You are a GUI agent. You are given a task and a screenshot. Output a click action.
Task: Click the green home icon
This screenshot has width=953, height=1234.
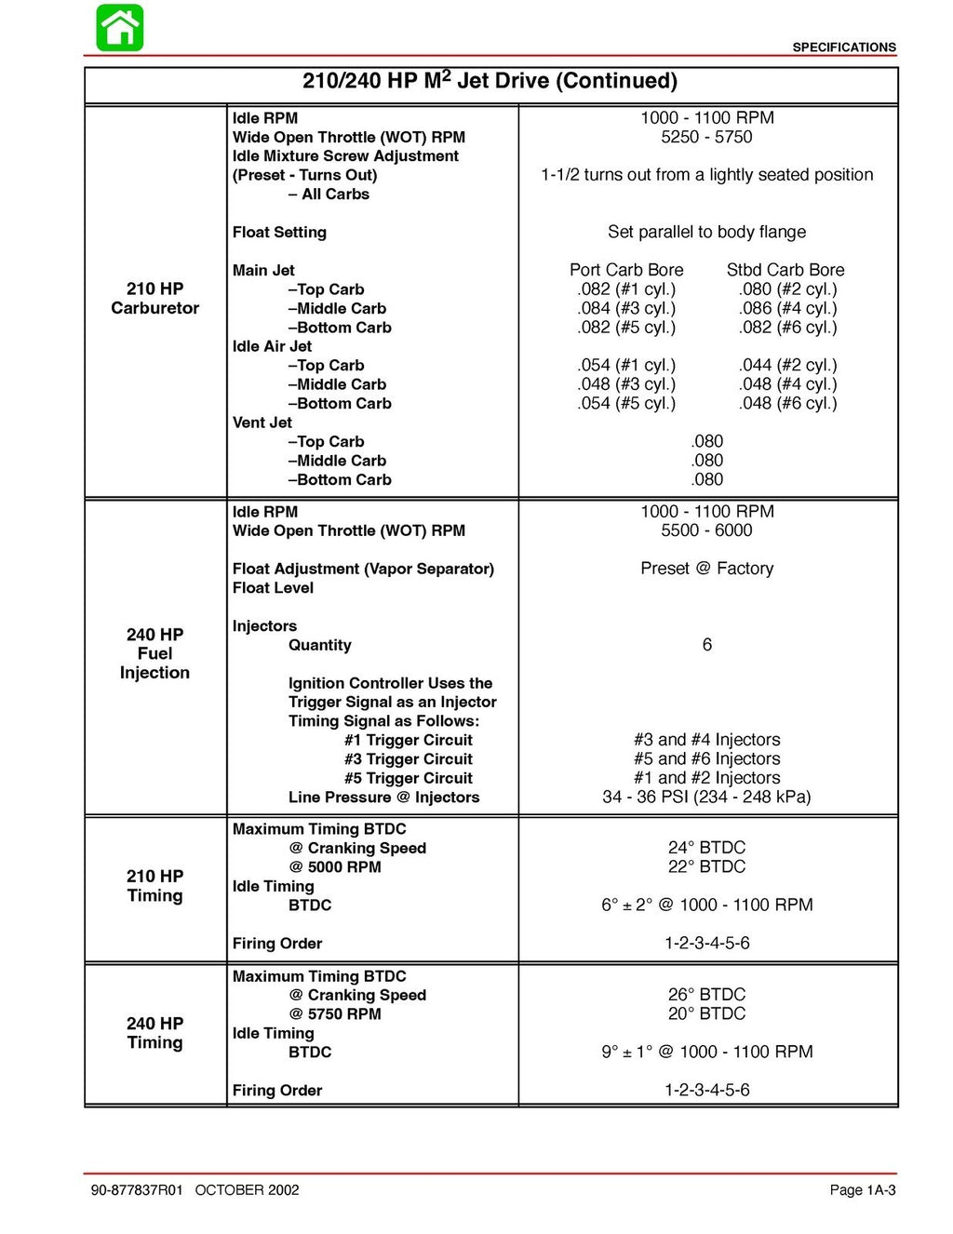(120, 28)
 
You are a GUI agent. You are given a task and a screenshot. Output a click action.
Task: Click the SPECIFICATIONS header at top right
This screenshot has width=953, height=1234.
(843, 47)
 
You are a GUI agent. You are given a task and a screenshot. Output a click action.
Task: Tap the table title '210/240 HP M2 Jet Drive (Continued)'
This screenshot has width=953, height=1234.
(490, 81)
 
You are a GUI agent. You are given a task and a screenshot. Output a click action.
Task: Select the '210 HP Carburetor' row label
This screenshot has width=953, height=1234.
(154, 298)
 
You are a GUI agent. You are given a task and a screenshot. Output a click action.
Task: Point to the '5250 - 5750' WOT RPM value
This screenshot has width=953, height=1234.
(706, 137)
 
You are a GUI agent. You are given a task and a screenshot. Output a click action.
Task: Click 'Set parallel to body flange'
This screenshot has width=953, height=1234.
(706, 232)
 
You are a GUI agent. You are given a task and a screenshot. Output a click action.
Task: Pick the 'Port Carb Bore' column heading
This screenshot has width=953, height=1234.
(626, 270)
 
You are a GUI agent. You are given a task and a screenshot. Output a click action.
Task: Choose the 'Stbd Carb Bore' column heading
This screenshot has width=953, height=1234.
(785, 270)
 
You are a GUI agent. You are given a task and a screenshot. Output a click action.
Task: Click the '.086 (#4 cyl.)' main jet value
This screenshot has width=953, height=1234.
(787, 308)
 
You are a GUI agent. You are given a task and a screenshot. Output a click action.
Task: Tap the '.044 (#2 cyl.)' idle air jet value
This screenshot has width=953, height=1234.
(787, 365)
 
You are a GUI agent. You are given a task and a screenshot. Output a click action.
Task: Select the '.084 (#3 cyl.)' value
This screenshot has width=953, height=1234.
(626, 308)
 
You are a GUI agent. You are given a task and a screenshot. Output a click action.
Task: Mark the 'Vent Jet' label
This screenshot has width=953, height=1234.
(262, 423)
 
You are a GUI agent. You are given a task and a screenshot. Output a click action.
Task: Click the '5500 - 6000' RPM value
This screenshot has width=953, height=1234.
(706, 530)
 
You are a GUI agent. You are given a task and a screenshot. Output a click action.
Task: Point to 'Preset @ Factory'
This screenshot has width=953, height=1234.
(706, 569)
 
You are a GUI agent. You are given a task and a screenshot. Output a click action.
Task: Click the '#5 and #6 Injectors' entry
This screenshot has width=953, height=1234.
(706, 759)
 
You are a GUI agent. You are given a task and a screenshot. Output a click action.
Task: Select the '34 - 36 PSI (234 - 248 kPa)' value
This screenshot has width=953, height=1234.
(706, 797)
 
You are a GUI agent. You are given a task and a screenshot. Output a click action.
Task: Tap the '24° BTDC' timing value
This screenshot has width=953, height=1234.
(706, 848)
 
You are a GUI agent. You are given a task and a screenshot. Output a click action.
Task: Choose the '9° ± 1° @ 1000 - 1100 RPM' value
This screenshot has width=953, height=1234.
(706, 1052)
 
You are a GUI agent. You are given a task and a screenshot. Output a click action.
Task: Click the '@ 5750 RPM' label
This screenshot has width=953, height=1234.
(335, 1014)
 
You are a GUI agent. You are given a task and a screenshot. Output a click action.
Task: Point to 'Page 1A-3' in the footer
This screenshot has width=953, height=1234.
(862, 1190)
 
